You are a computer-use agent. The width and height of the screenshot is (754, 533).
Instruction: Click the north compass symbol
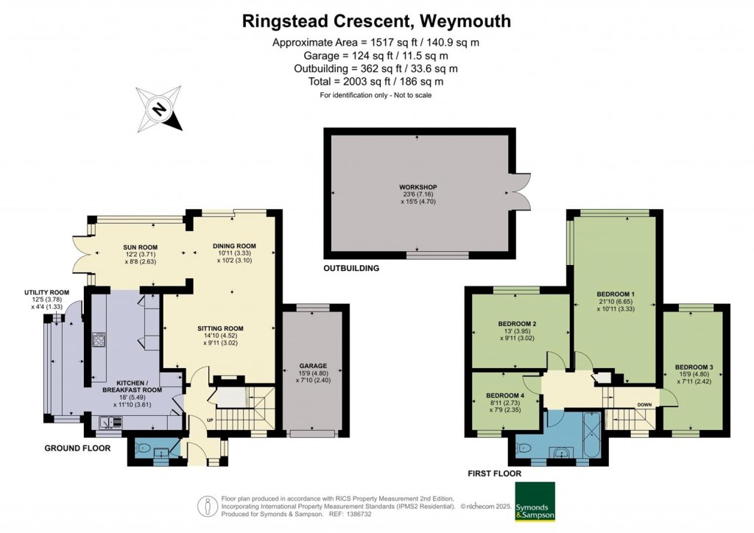click(x=159, y=109)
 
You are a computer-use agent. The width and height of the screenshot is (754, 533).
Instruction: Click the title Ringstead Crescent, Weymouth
click(x=376, y=21)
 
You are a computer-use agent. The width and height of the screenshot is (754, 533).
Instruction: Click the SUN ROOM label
click(x=140, y=247)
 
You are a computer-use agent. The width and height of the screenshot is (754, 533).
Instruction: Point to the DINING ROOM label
click(x=234, y=246)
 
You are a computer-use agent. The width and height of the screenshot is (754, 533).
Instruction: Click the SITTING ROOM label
click(x=220, y=328)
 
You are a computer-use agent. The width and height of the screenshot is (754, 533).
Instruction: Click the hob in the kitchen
click(x=99, y=340)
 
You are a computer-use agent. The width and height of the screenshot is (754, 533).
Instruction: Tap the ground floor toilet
click(x=144, y=448)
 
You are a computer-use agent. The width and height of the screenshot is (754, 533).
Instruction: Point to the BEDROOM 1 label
click(x=616, y=294)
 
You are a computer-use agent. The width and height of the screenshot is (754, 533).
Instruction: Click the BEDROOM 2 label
click(x=517, y=323)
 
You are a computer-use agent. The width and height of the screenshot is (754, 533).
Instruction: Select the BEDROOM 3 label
click(x=694, y=367)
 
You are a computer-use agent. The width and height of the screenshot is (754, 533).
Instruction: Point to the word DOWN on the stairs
click(x=644, y=404)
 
